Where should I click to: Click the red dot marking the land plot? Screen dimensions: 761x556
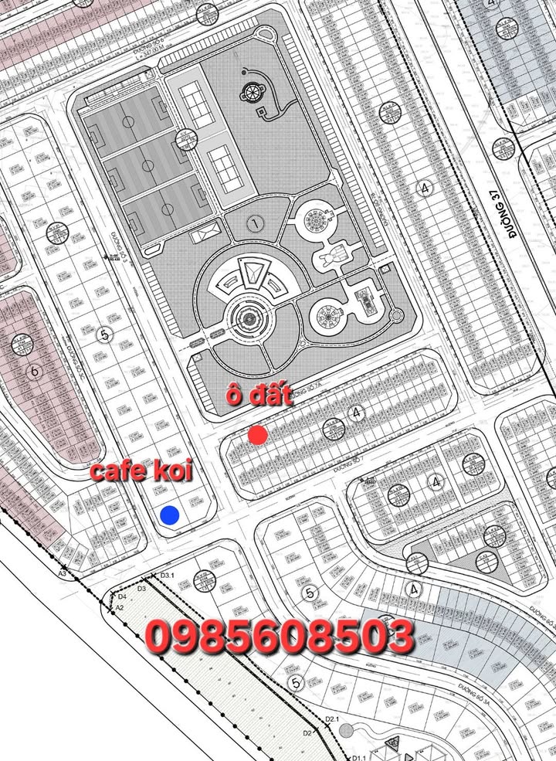point(258,435)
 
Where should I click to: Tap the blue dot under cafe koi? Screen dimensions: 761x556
point(169,515)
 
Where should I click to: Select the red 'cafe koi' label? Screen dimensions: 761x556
point(141,471)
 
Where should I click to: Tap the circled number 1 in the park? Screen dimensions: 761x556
point(252,224)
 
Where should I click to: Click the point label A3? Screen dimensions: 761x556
point(63,574)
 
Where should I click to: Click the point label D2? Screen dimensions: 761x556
point(307,732)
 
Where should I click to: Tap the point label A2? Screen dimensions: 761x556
point(119,608)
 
